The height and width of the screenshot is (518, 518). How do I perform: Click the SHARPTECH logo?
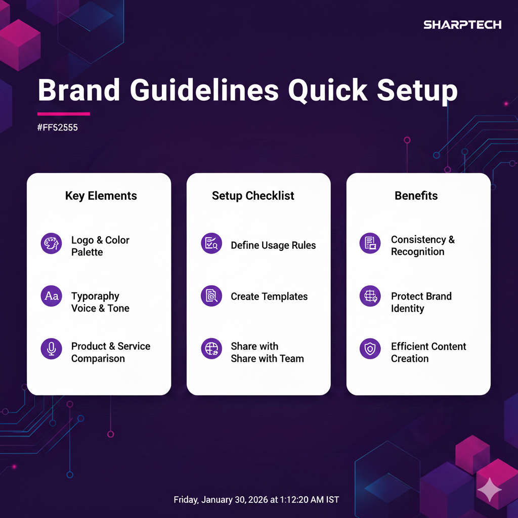click(462, 25)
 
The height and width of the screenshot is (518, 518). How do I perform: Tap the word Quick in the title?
click(327, 91)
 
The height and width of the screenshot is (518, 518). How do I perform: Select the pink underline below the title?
click(63, 114)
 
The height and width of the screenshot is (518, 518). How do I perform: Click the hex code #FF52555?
click(58, 127)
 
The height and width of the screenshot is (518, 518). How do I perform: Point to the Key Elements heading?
click(101, 196)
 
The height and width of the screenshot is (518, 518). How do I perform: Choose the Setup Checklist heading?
click(253, 196)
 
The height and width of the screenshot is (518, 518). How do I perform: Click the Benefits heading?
click(416, 196)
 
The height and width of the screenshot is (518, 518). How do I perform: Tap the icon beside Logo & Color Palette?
click(51, 243)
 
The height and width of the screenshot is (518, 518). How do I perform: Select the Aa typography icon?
click(51, 295)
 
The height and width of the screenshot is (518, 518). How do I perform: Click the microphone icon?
click(51, 349)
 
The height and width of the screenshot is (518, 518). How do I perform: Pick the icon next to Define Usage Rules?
click(211, 243)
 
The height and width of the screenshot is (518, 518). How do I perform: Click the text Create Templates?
click(269, 296)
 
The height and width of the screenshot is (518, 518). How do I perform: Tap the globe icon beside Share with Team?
click(211, 349)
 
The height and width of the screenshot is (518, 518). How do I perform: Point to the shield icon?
click(370, 349)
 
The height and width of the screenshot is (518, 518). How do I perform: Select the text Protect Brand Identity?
click(421, 302)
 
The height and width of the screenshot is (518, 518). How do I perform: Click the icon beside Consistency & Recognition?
click(370, 243)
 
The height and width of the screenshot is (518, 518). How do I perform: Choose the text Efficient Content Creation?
click(428, 352)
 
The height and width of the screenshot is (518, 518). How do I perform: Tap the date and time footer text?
click(256, 499)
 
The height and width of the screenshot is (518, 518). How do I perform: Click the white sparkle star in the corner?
click(490, 490)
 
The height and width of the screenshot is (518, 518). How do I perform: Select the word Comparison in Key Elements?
click(98, 359)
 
